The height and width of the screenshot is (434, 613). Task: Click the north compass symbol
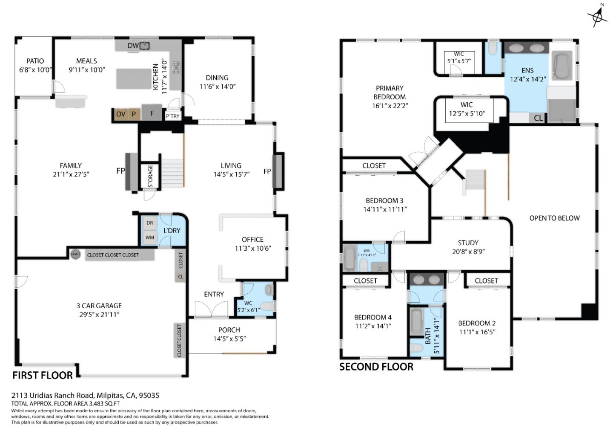598,16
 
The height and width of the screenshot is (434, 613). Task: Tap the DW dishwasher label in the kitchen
133,45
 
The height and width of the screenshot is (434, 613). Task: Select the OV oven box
121,114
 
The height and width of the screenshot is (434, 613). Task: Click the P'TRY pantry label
172,116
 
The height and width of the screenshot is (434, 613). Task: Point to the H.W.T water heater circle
75,254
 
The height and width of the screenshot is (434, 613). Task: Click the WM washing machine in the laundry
150,237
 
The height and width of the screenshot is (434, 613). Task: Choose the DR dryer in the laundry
150,223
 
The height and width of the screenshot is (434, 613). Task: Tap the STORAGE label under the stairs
150,176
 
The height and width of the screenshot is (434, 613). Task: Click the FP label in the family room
120,171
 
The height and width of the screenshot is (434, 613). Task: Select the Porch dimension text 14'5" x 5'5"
229,339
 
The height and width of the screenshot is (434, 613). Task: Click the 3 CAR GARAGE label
99,306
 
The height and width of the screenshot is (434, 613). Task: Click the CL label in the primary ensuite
538,118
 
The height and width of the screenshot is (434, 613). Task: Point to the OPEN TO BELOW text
554,218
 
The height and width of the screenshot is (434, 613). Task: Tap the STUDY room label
468,243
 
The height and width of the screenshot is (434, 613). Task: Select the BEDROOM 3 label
384,200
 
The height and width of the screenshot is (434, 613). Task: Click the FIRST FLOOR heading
43,376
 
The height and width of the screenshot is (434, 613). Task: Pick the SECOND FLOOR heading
376,367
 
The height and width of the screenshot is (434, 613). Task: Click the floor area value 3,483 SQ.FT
104,403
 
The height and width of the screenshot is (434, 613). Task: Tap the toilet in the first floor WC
267,307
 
